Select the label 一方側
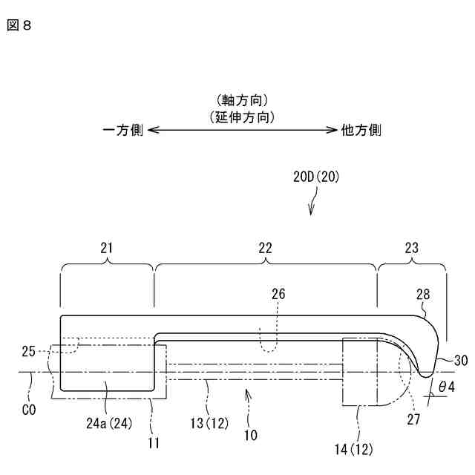(123, 130)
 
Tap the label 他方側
(361, 130)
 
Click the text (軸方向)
(242, 100)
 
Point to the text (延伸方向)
(242, 116)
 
